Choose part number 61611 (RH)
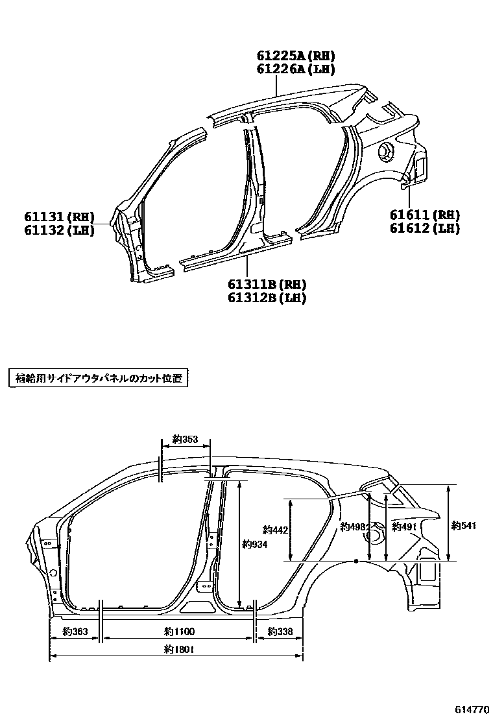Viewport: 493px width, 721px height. [425, 215]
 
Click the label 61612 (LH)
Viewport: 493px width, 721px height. [425, 228]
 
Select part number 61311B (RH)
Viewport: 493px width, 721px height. [267, 285]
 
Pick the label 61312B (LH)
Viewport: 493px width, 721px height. [267, 298]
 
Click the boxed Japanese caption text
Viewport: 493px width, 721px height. [97, 379]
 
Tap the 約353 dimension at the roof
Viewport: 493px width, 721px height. [185, 440]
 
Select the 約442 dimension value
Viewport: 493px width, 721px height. [275, 530]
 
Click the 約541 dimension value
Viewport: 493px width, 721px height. [464, 526]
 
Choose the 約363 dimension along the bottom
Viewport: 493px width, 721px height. [75, 631]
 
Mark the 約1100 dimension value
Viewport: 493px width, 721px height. [179, 631]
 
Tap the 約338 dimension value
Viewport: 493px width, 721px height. [280, 631]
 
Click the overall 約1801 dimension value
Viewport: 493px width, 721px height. [179, 648]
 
